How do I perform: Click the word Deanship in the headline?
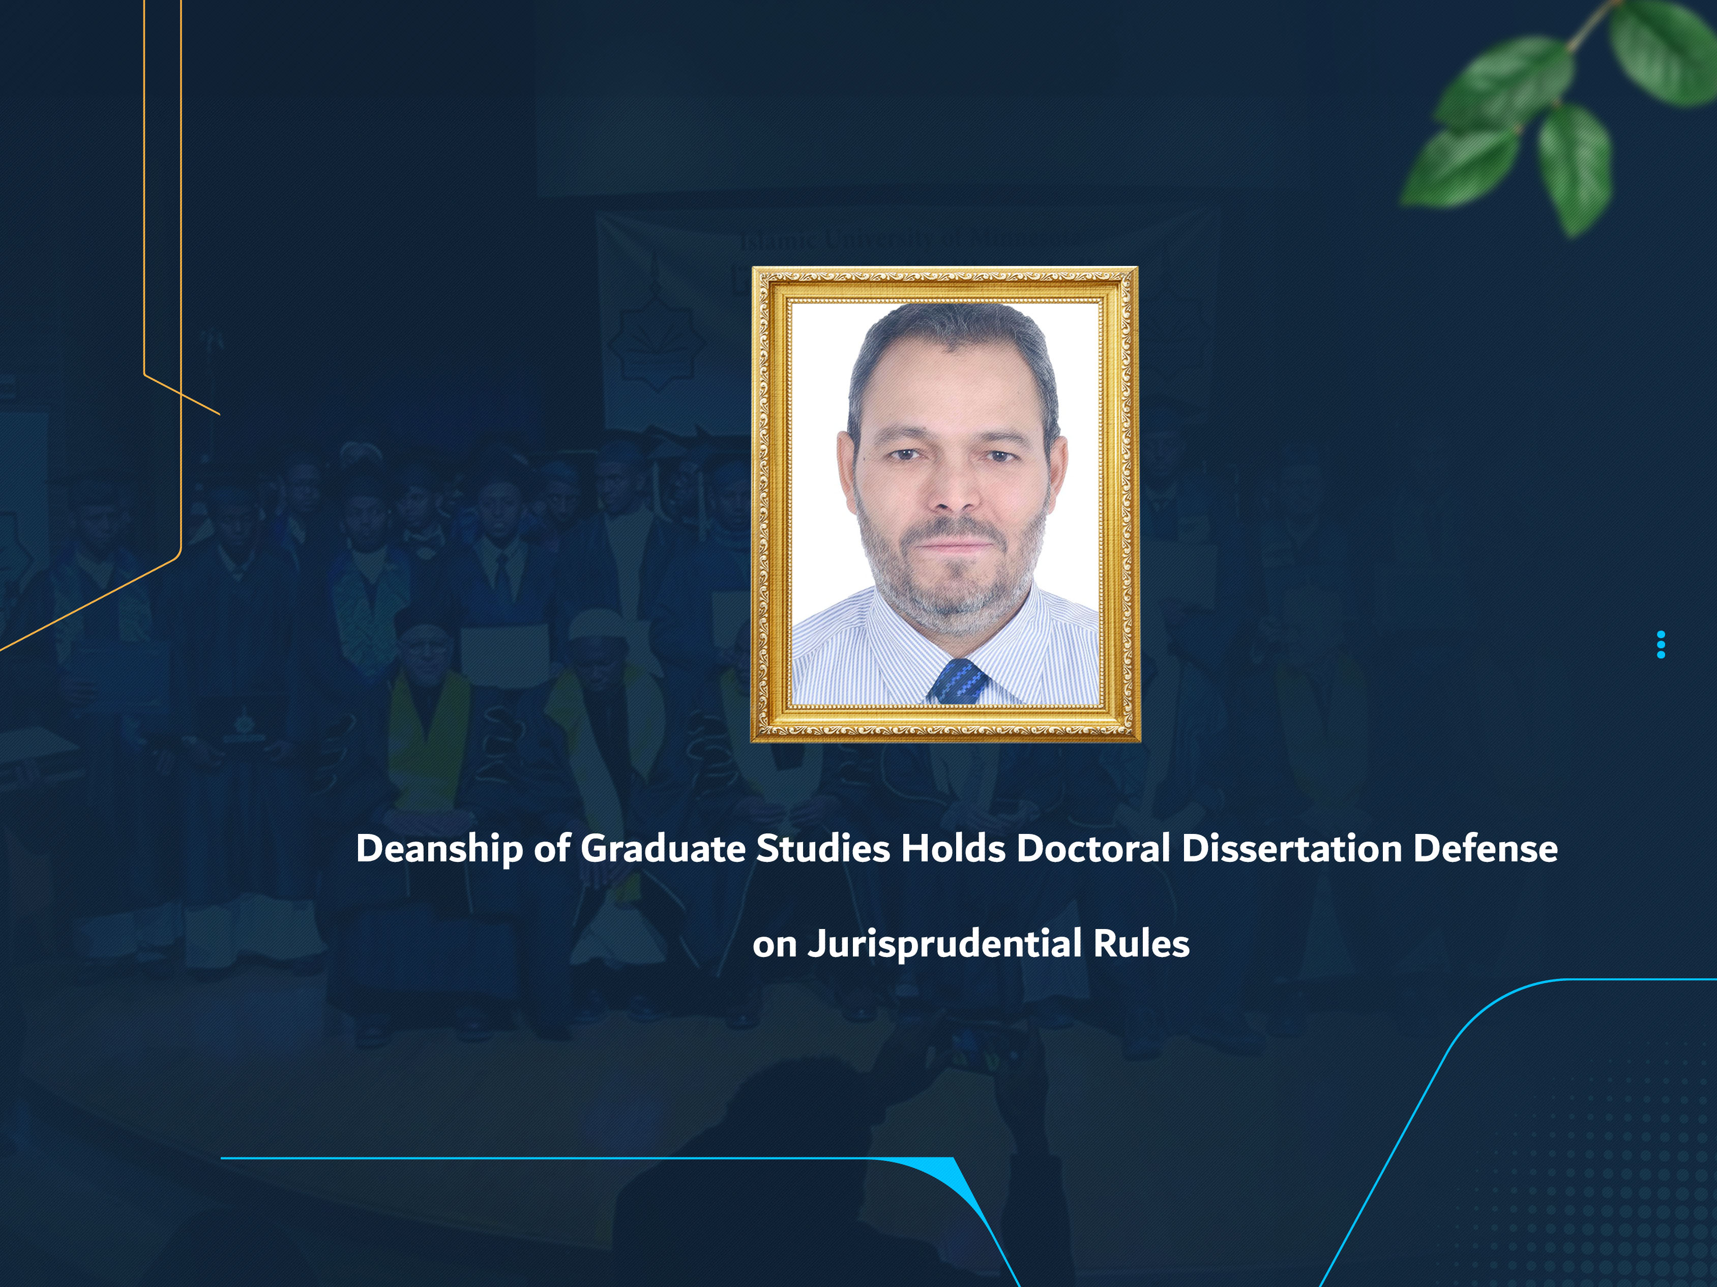438,849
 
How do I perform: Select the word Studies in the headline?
823,849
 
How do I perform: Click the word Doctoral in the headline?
1093,849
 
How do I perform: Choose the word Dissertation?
1291,849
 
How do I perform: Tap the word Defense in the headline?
1485,849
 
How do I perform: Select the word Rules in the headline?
1141,944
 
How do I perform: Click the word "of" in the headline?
552,849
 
